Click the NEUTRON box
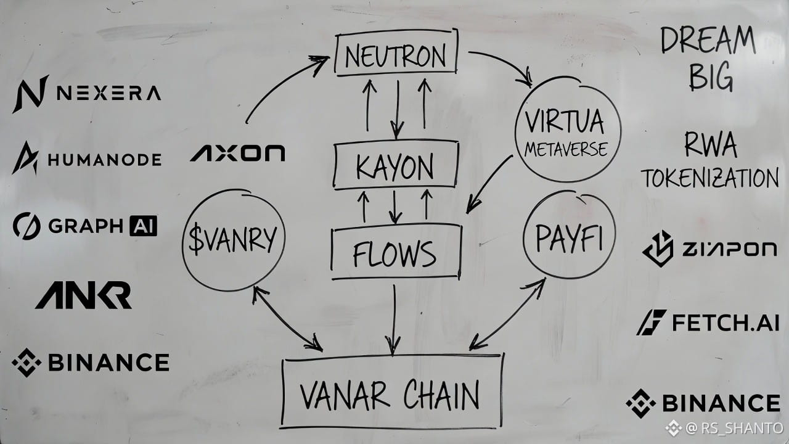(x=396, y=55)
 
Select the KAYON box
(x=396, y=165)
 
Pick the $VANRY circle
(x=234, y=240)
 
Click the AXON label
(x=238, y=153)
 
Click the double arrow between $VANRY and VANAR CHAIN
(x=287, y=319)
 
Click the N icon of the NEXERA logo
(x=30, y=94)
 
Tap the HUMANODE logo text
(x=104, y=160)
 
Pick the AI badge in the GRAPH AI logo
(x=143, y=226)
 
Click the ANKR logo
(x=83, y=295)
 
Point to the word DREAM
(x=708, y=41)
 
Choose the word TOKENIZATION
(x=709, y=179)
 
